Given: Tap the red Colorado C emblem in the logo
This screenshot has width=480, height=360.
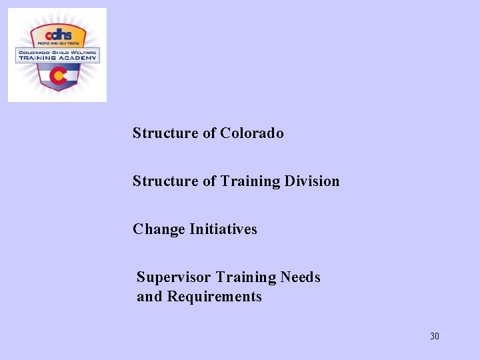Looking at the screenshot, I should pyautogui.click(x=58, y=77).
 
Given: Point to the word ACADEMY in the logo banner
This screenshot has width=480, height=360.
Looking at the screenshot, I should pyautogui.click(x=77, y=58).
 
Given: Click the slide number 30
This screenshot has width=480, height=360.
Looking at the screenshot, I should pyautogui.click(x=435, y=336).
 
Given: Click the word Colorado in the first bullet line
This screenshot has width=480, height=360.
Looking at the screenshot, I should pyautogui.click(x=252, y=133).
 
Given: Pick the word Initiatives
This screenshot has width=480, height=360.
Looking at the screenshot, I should pyautogui.click(x=223, y=229).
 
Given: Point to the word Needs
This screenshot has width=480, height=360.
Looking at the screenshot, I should pyautogui.click(x=300, y=277).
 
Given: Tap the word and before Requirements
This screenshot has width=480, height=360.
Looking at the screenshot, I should pyautogui.click(x=149, y=297).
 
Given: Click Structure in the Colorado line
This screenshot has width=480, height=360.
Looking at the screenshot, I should pyautogui.click(x=165, y=133).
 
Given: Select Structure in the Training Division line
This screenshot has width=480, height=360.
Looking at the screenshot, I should pyautogui.click(x=165, y=181).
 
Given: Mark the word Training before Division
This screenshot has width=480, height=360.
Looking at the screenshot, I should pyautogui.click(x=251, y=181).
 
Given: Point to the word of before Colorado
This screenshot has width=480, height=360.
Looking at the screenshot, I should pyautogui.click(x=209, y=133).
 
